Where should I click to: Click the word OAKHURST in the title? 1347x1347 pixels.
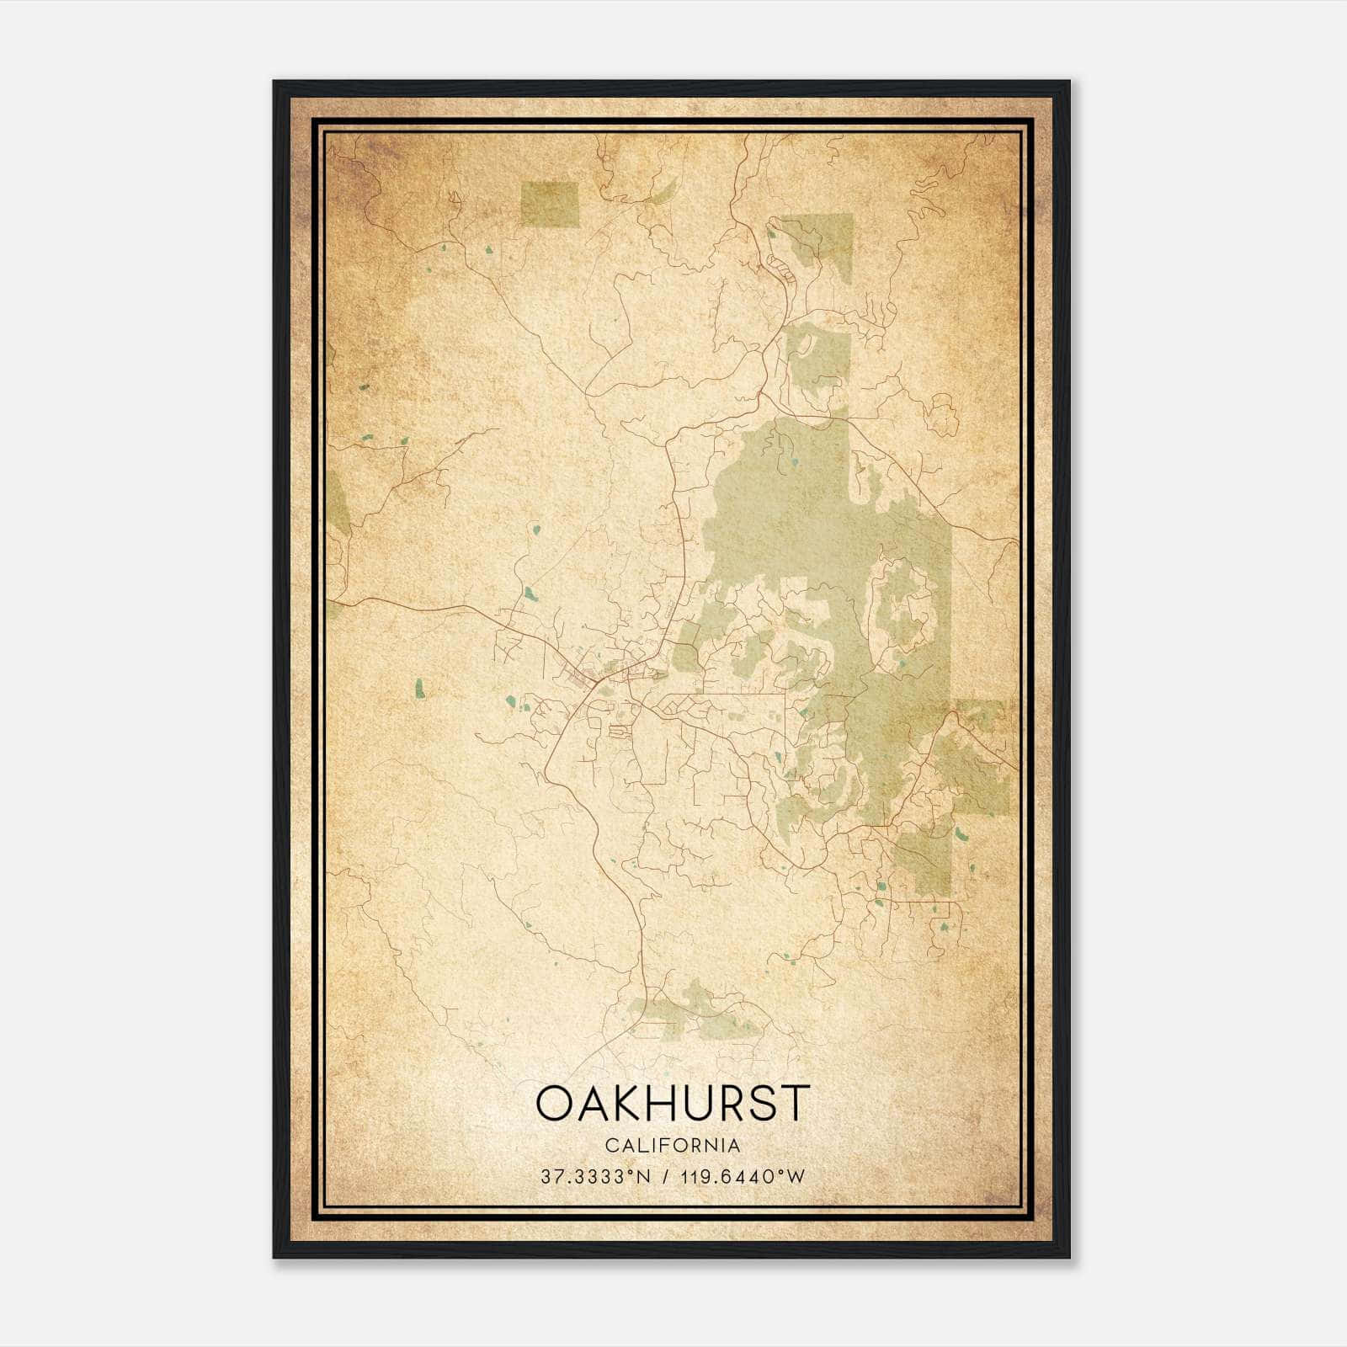tap(673, 1103)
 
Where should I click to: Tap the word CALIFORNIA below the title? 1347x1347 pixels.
tap(673, 1146)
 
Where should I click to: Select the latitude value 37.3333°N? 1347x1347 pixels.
tap(597, 1176)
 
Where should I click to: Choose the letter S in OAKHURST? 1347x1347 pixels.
tap(760, 1103)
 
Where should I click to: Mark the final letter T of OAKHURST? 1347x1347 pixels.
tap(794, 1103)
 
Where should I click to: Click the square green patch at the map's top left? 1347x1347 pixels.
tap(550, 204)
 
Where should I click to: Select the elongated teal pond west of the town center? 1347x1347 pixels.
tap(418, 689)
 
